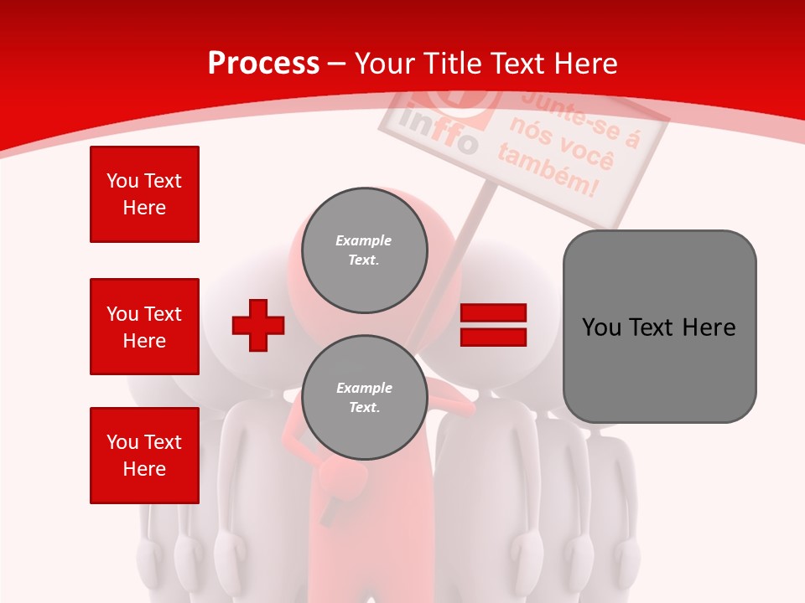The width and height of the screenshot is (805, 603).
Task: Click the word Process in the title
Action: click(263, 64)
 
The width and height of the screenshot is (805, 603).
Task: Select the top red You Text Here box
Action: click(144, 194)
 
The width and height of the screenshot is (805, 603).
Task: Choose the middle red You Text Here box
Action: click(144, 327)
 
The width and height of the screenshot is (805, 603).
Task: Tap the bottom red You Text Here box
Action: click(144, 456)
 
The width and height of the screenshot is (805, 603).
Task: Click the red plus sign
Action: click(258, 324)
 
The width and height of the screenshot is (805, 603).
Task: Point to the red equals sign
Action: click(493, 325)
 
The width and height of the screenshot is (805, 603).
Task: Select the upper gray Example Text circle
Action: click(364, 250)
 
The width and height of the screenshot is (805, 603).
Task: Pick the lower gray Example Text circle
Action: click(364, 398)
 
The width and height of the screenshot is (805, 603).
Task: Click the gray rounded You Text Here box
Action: click(659, 327)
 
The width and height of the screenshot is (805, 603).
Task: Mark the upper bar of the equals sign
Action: click(493, 313)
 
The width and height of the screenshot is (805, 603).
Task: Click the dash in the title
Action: click(337, 64)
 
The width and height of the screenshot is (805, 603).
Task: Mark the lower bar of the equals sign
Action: click(493, 337)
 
